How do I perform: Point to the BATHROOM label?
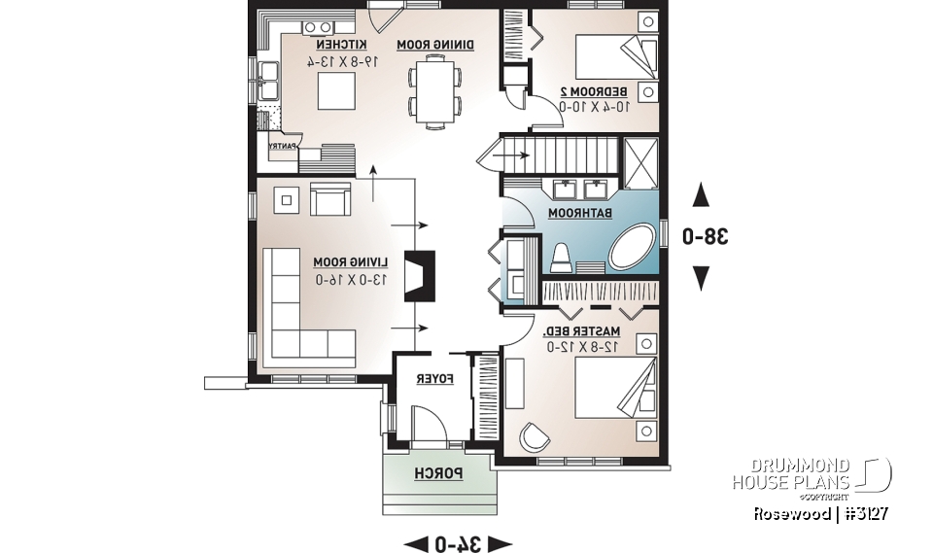point(581,212)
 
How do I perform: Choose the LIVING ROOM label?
point(350,262)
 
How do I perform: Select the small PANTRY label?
point(282,147)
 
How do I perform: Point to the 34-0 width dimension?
point(457,542)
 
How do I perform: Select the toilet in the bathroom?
point(561,258)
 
